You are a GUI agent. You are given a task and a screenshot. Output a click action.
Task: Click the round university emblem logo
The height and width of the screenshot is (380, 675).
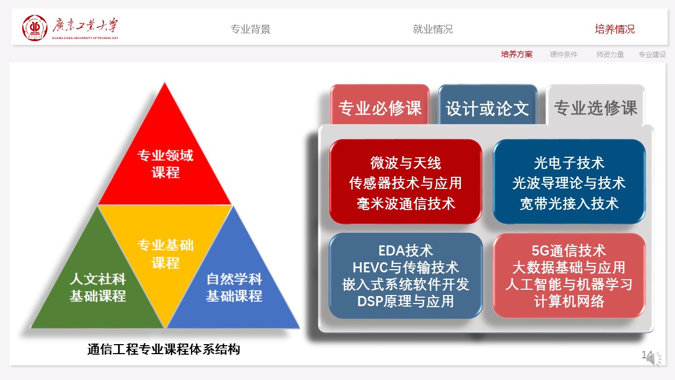click(35, 28)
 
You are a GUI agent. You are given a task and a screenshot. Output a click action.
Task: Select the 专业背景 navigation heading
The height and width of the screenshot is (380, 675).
click(250, 29)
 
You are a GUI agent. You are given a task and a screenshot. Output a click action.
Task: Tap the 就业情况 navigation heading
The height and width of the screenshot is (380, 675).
click(433, 29)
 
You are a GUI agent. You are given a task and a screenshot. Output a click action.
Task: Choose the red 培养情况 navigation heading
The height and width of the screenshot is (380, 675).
click(615, 29)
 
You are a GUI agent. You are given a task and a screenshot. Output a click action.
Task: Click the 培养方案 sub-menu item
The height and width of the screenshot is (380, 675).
click(517, 54)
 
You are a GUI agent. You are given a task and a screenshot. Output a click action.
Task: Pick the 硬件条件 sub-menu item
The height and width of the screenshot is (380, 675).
click(564, 54)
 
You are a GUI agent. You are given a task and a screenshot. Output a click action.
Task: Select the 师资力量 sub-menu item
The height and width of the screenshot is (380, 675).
click(610, 54)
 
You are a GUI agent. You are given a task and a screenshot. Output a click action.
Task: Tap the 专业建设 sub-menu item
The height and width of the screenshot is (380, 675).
click(652, 54)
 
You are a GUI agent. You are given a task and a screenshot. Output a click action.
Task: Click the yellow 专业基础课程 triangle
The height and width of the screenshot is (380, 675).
click(165, 248)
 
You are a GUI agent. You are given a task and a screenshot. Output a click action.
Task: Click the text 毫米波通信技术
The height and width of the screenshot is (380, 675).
click(406, 204)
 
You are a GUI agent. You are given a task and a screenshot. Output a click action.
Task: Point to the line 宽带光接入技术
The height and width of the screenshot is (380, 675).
click(569, 204)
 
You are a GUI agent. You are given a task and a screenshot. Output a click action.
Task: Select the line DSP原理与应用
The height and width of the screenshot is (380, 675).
click(406, 301)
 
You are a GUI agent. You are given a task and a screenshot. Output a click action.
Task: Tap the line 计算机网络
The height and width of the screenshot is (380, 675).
click(569, 301)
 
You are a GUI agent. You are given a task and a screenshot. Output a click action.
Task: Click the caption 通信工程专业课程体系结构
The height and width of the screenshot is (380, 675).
click(163, 349)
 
